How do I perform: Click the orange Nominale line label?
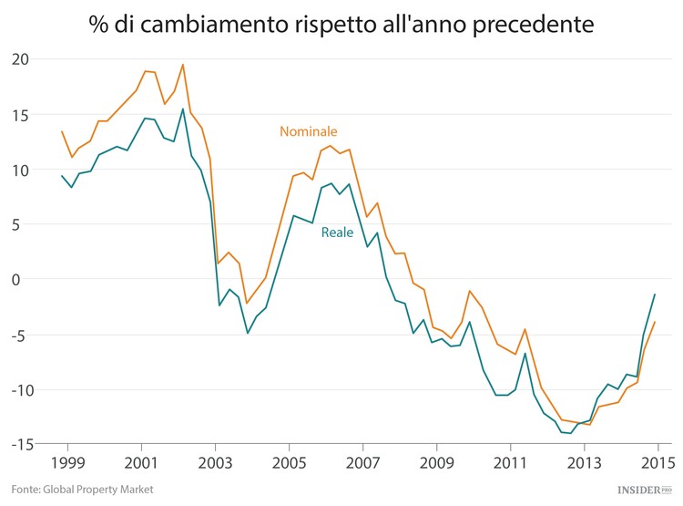(308, 131)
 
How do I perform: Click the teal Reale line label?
(337, 232)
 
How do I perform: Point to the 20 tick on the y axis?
(20, 59)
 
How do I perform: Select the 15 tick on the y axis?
(20, 115)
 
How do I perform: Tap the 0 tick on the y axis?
(25, 280)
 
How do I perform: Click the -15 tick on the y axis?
(17, 445)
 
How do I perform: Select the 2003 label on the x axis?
(215, 460)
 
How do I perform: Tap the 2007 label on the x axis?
(362, 460)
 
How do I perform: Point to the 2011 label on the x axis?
(510, 460)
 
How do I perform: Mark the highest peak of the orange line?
(183, 65)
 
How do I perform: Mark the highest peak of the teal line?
(183, 108)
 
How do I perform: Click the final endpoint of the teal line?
(655, 294)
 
